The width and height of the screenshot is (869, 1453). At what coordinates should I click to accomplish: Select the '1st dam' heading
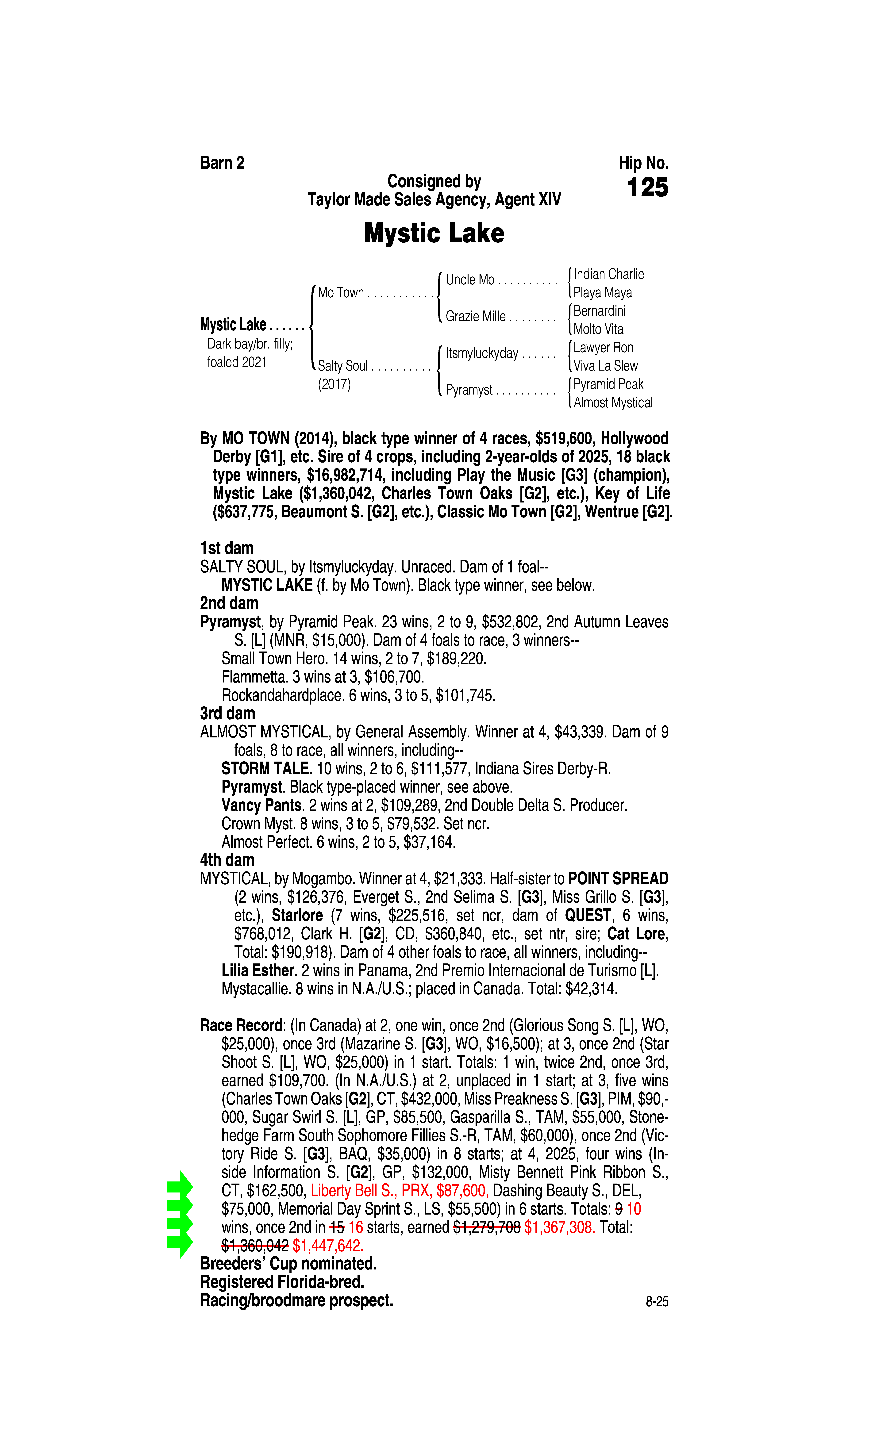227,548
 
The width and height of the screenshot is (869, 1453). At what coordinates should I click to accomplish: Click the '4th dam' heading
227,860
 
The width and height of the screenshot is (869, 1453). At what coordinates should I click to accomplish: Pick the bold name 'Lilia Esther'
257,971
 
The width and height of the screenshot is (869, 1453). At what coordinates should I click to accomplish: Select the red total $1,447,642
328,1246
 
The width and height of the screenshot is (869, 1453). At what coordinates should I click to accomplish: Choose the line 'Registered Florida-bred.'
282,1282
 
